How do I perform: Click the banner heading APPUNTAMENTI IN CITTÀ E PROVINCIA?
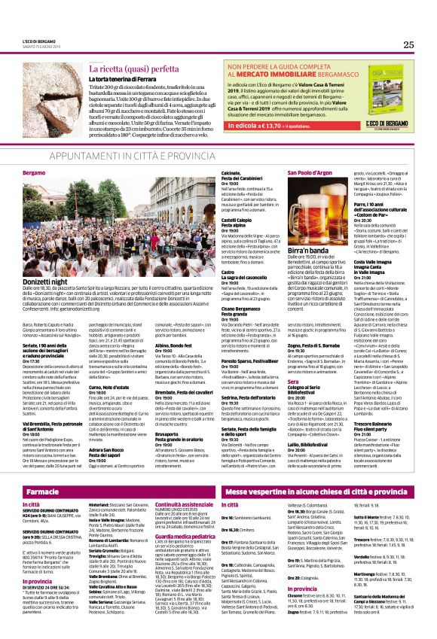pyautogui.click(x=218, y=154)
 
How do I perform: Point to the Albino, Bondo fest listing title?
pyautogui.click(x=167, y=324)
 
